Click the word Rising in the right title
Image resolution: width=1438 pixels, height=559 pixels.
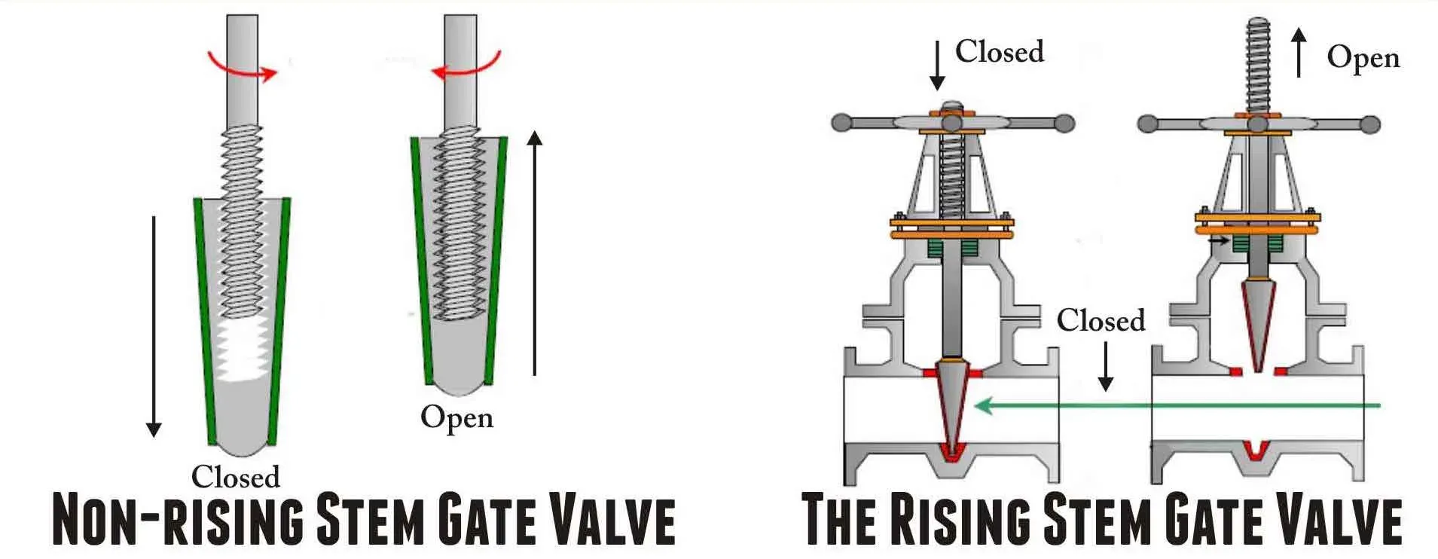click(x=960, y=520)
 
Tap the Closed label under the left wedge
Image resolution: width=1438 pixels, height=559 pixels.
click(x=235, y=477)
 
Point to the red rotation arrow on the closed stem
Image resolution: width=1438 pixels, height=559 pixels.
click(x=243, y=66)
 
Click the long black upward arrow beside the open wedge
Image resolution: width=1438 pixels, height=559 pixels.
click(x=534, y=252)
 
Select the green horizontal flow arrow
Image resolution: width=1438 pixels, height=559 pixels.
click(x=1175, y=406)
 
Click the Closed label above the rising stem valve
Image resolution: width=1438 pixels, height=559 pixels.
click(x=1000, y=52)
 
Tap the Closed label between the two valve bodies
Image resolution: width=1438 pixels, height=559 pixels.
click(x=1101, y=321)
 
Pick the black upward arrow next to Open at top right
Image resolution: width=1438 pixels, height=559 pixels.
click(x=1299, y=53)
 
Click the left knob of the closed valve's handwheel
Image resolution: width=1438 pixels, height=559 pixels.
click(x=841, y=123)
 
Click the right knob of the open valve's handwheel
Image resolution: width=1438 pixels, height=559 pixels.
click(x=1370, y=124)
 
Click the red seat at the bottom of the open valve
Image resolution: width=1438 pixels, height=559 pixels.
click(x=1256, y=450)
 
